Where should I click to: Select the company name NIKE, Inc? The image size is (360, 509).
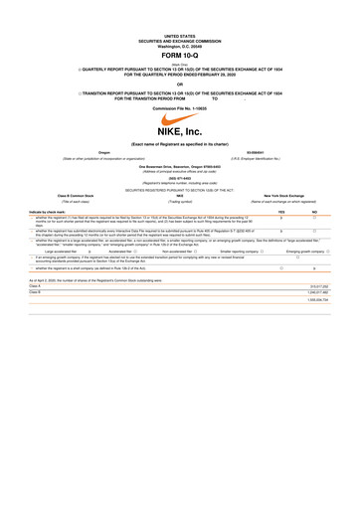(x=180, y=129)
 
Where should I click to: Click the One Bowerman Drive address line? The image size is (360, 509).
(x=180, y=165)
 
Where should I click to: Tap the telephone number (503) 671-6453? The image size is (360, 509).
(x=180, y=178)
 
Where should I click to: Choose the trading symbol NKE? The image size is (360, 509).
(x=180, y=199)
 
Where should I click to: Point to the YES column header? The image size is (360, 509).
(x=282, y=212)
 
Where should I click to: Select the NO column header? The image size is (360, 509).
(x=314, y=212)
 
